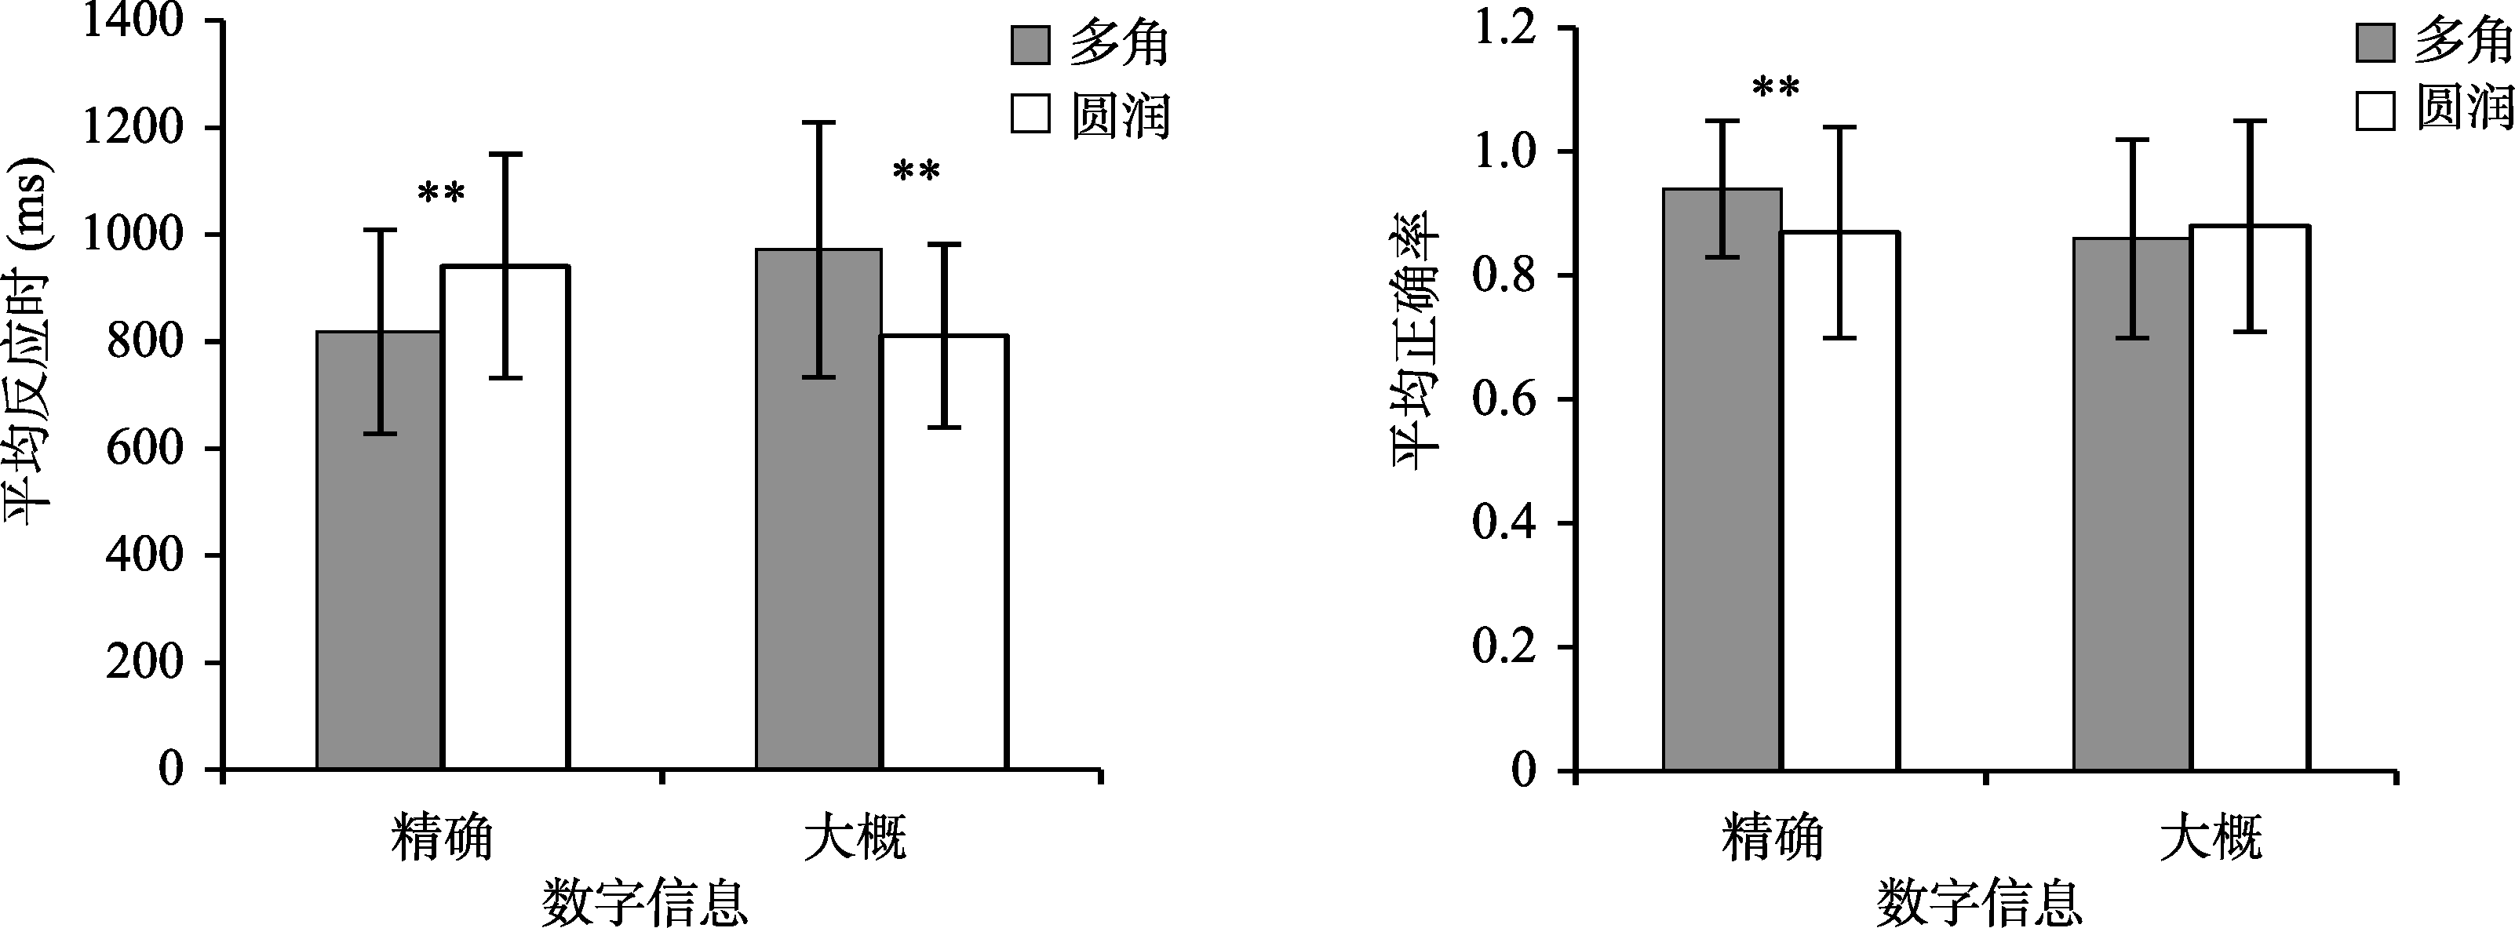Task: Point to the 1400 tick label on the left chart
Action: pyautogui.click(x=133, y=21)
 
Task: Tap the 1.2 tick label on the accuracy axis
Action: pyautogui.click(x=1504, y=29)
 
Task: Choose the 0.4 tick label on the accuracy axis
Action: pyautogui.click(x=1504, y=523)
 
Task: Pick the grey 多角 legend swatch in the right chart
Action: pyautogui.click(x=2375, y=44)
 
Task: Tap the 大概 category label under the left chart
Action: pyautogui.click(x=855, y=836)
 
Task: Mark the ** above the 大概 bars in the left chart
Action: pyautogui.click(x=916, y=173)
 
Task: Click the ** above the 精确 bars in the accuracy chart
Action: pyautogui.click(x=1776, y=89)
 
